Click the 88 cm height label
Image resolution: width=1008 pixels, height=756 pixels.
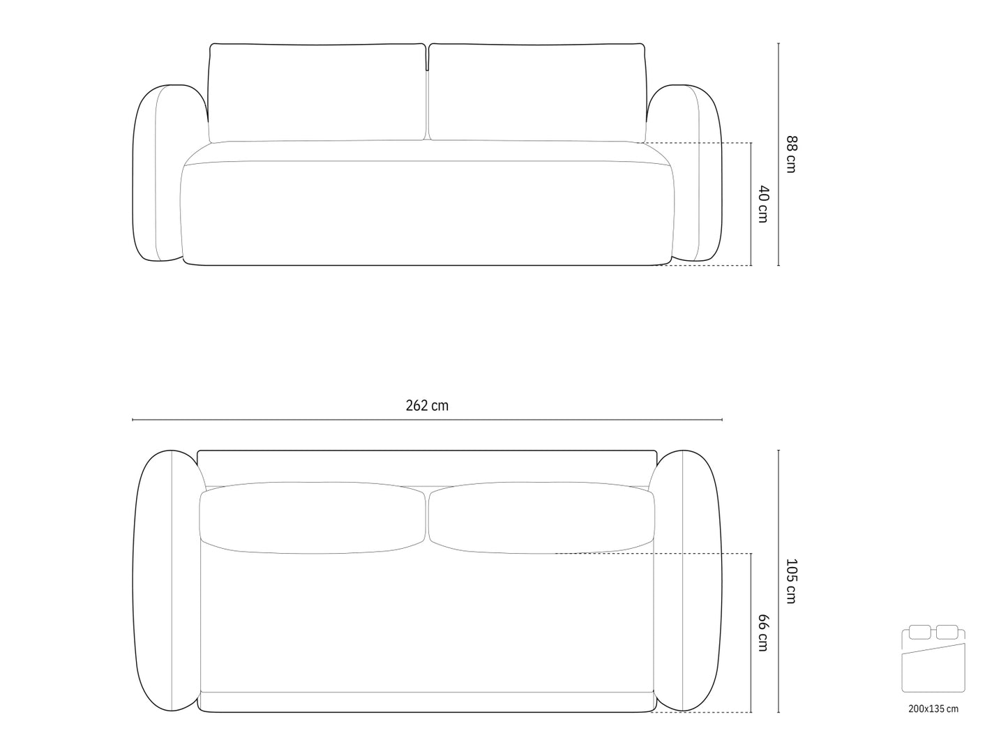(790, 154)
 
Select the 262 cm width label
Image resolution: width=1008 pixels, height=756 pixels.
(427, 406)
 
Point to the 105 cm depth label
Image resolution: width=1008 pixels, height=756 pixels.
(790, 581)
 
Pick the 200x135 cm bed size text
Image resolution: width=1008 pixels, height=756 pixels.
(933, 709)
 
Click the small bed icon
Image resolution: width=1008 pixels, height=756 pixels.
(933, 660)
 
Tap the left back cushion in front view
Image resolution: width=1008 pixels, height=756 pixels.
(317, 92)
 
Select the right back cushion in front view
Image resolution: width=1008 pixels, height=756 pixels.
(537, 92)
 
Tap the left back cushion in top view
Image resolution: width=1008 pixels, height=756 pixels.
(313, 517)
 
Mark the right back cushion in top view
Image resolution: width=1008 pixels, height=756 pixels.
(541, 517)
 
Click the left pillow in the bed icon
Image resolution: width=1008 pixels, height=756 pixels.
(919, 633)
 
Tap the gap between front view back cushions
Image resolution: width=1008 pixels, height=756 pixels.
(427, 94)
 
